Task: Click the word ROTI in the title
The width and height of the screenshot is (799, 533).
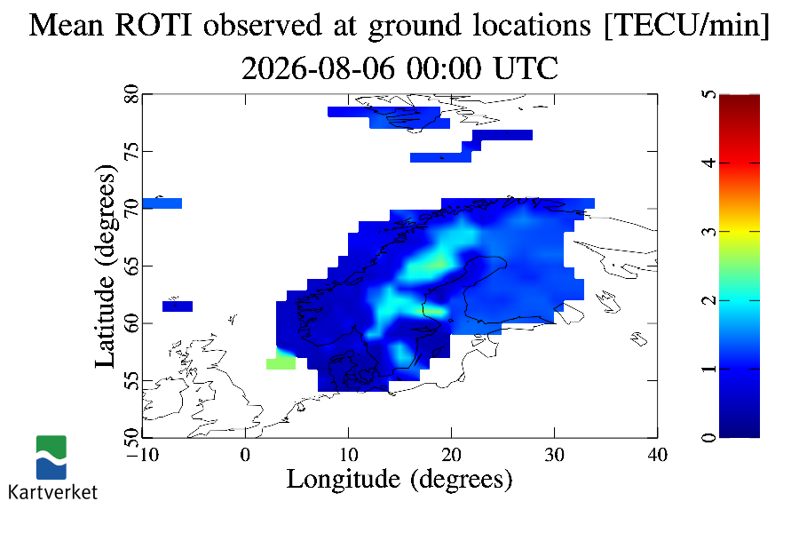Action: coord(154,25)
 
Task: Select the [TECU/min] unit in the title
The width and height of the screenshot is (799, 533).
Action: coord(686,26)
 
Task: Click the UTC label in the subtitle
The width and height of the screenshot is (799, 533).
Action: coord(526,68)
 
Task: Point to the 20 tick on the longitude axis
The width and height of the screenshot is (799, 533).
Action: coord(452,454)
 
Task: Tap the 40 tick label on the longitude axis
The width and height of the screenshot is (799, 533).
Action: coord(657,454)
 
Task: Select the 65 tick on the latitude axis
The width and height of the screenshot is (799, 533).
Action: coord(131,266)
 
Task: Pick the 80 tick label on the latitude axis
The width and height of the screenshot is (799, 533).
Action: coord(131,94)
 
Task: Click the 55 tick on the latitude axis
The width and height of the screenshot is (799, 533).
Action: coord(131,380)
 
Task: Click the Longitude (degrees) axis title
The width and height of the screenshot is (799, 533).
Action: coord(399,480)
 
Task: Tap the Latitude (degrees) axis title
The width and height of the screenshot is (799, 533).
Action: coord(106,266)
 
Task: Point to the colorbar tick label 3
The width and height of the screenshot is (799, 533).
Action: coord(708,232)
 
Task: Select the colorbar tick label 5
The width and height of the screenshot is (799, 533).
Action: coord(708,94)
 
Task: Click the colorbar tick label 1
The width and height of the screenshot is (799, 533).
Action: coord(708,369)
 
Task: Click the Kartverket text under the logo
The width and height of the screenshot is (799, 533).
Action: coord(52,492)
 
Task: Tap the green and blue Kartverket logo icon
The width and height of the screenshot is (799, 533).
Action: coord(51,457)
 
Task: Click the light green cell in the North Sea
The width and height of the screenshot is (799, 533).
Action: coord(281,363)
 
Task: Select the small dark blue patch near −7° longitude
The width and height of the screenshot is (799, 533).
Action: coord(178,306)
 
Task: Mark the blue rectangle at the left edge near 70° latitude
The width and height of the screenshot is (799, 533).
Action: coord(162,203)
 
